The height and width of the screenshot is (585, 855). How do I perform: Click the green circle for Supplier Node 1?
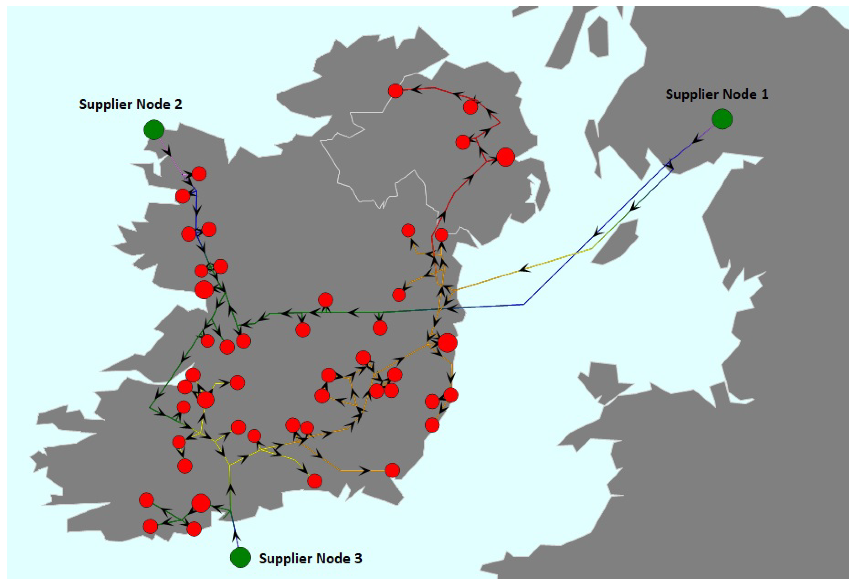pyautogui.click(x=722, y=119)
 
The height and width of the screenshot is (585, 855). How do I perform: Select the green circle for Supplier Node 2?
pyautogui.click(x=154, y=130)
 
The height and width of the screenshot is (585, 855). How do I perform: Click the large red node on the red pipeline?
pyautogui.click(x=505, y=157)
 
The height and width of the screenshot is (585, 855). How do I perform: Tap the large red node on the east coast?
pyautogui.click(x=447, y=343)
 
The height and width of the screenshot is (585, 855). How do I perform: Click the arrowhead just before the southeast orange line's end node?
pyautogui.click(x=365, y=471)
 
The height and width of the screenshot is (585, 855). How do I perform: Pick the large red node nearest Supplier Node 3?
pyautogui.click(x=201, y=503)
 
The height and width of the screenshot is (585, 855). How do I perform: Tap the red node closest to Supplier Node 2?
pyautogui.click(x=199, y=174)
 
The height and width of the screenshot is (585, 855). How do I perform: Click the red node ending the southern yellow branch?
pyautogui.click(x=314, y=481)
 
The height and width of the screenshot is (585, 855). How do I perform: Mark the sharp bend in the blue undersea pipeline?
pyautogui.click(x=524, y=304)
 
